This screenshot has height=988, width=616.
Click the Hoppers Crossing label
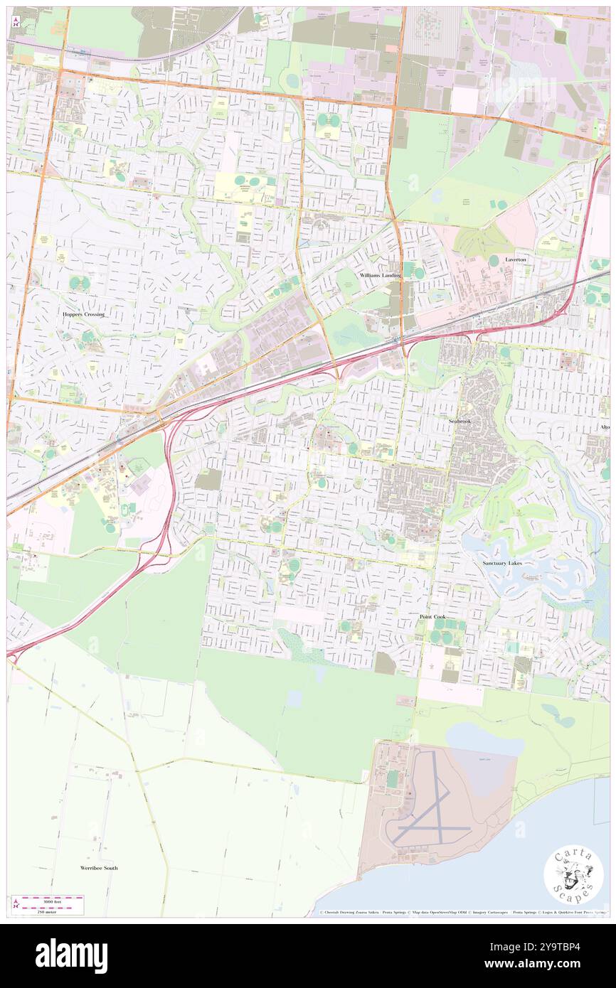coord(83,314)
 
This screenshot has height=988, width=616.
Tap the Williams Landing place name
coord(380,275)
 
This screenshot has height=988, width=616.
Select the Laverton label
coord(516,260)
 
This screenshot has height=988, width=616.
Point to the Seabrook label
coord(460,421)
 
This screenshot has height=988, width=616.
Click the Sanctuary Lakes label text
coord(503,562)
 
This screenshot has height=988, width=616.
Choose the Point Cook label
coord(432,616)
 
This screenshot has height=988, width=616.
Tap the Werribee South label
coord(99,868)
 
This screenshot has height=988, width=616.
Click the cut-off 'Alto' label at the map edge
coord(605,427)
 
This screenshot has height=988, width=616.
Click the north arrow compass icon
coord(16,21)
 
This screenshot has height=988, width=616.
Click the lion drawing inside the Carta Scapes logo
coord(573,875)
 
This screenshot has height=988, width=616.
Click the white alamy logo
coord(71,955)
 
